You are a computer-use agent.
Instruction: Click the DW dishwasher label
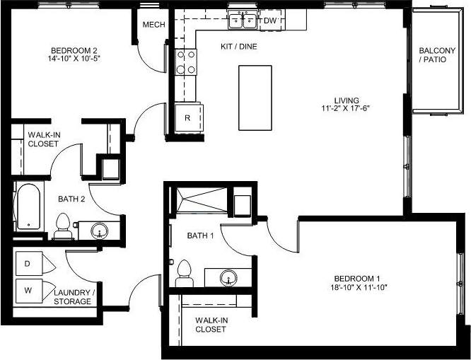(269, 21)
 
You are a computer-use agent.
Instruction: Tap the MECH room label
(153, 25)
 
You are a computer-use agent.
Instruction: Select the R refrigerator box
(187, 118)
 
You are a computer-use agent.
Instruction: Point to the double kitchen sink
(243, 21)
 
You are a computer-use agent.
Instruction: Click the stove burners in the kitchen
(187, 62)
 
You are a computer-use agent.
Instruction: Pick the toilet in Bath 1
(185, 271)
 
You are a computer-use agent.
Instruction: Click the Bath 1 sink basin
(227, 276)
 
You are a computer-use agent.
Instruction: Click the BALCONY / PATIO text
(432, 55)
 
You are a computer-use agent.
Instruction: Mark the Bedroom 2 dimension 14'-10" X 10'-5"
(74, 60)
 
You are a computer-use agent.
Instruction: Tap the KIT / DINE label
(238, 46)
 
